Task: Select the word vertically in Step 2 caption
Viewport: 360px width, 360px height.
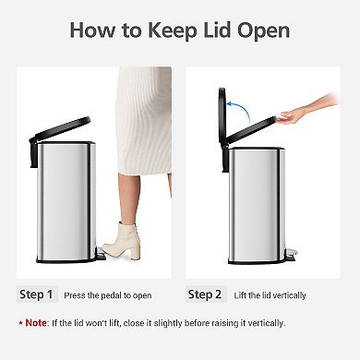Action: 287,295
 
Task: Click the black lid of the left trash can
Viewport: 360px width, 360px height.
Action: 59,128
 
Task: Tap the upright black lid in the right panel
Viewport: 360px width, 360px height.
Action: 222,115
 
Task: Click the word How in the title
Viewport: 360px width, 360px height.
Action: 94,30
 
